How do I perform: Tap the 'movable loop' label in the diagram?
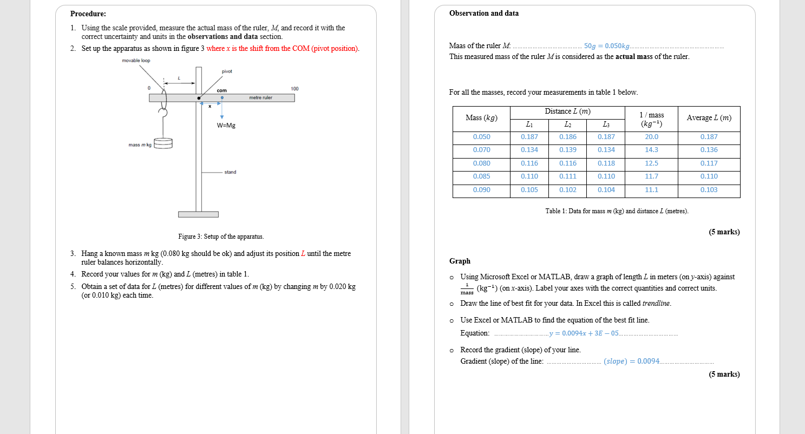136,61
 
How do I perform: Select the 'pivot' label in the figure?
227,71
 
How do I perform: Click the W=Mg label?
226,126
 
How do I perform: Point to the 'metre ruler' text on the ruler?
260,98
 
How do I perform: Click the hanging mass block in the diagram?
163,143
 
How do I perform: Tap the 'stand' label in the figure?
230,172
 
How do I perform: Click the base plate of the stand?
198,214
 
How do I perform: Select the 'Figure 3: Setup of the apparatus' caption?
221,236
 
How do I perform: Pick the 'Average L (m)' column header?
709,118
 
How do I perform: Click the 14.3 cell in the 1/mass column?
651,150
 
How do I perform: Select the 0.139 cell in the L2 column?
567,150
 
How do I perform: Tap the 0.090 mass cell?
481,190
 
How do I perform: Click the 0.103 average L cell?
709,190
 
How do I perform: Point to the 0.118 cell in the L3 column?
606,163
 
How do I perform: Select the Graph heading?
460,261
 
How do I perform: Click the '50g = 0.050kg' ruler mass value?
607,46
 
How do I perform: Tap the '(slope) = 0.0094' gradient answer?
631,361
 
